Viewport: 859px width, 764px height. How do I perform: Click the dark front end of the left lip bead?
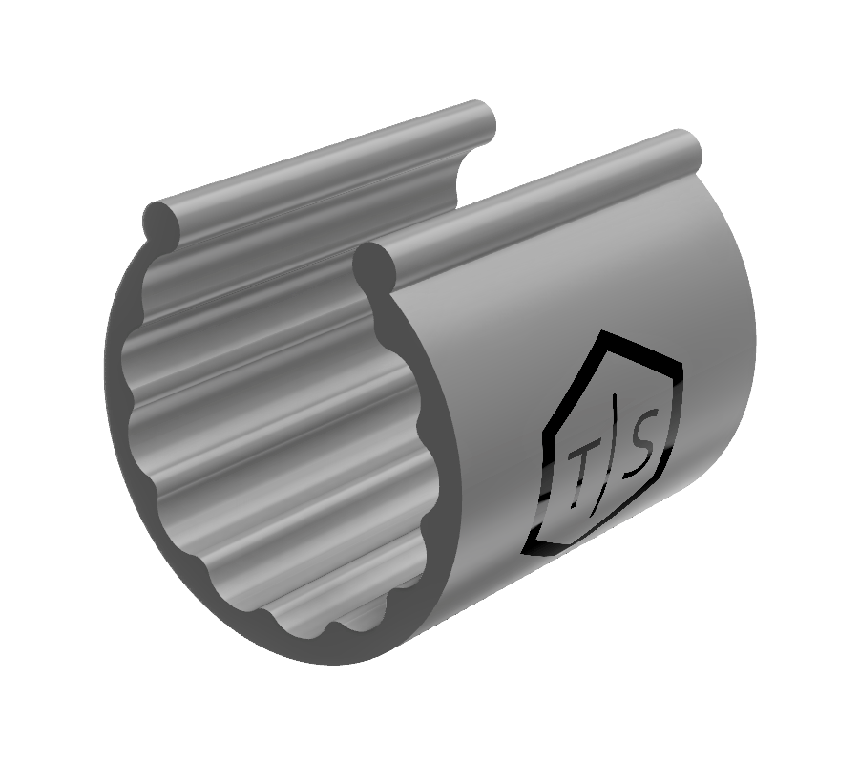[161, 221]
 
